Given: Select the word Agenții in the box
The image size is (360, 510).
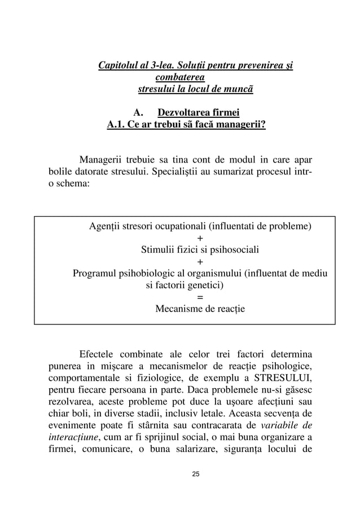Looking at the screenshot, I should tap(105, 228).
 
